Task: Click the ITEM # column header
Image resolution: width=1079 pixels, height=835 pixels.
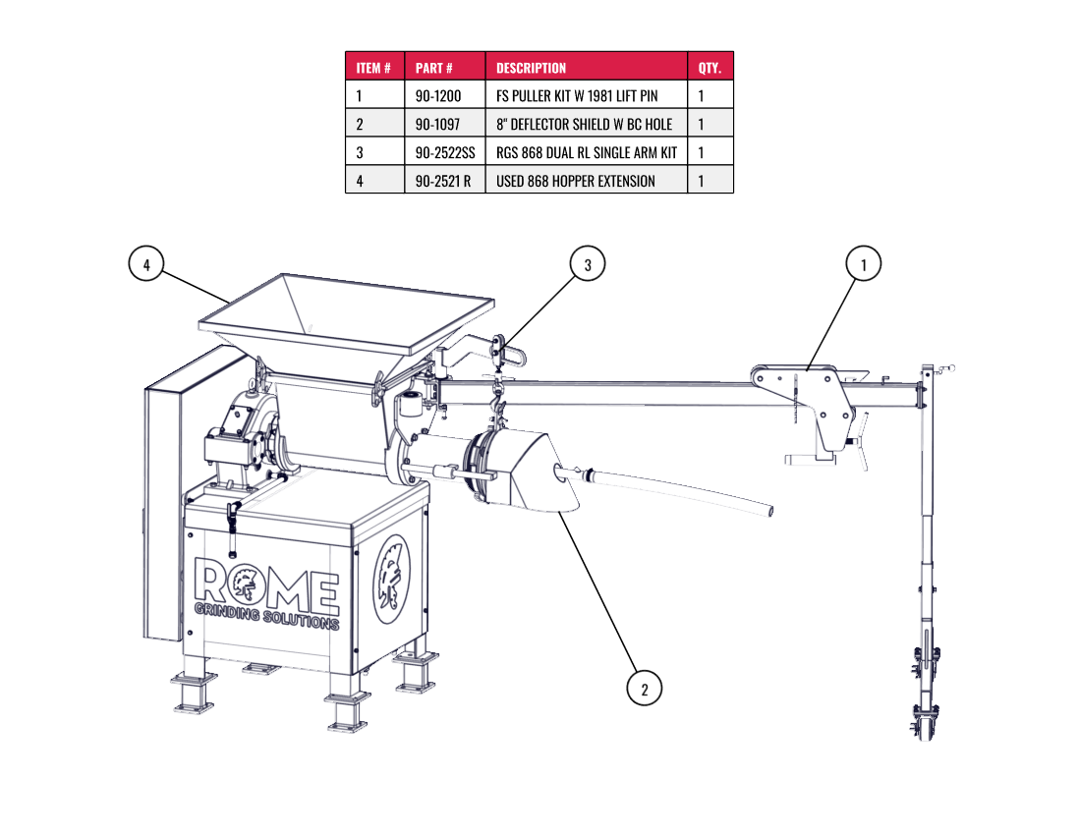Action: click(x=373, y=68)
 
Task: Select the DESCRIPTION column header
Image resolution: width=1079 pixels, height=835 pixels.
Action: click(x=531, y=68)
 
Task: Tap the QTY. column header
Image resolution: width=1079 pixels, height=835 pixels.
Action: click(x=710, y=68)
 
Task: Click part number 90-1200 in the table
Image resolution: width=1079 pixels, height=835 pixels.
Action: click(x=437, y=96)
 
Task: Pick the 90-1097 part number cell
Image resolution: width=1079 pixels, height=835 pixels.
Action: click(x=437, y=125)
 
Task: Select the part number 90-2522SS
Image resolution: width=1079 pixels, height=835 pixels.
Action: click(x=444, y=152)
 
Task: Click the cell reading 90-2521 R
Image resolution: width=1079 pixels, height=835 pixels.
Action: click(x=442, y=181)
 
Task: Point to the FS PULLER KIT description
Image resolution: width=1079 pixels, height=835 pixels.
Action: click(x=577, y=96)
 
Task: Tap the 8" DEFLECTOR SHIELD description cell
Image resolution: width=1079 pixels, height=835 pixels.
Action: click(x=584, y=125)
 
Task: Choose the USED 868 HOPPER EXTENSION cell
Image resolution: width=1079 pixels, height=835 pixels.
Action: click(x=575, y=181)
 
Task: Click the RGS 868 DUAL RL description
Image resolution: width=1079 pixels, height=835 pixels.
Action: click(x=587, y=152)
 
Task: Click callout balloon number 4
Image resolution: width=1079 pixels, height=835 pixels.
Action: click(x=145, y=264)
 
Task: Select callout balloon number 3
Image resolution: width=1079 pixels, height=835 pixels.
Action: click(x=587, y=264)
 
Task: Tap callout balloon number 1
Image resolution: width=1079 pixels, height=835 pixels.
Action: click(x=863, y=264)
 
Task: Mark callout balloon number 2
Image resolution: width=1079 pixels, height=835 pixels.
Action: click(x=644, y=689)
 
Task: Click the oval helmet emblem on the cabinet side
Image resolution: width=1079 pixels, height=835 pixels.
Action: click(x=391, y=580)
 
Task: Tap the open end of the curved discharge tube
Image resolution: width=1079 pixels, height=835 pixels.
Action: click(x=770, y=511)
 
